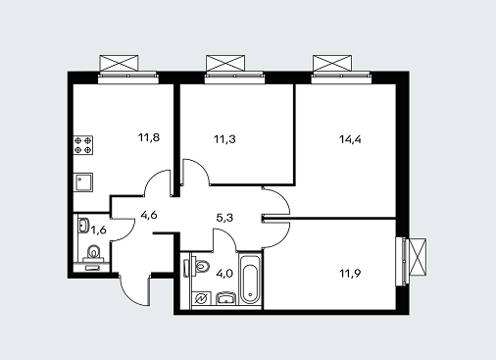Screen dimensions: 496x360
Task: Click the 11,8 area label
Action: point(149,137)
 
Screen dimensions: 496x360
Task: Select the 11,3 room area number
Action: point(224,139)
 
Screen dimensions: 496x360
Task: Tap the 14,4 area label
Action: point(350,139)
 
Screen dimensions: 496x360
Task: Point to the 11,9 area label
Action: point(350,273)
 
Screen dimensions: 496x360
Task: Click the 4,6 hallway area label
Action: point(149,215)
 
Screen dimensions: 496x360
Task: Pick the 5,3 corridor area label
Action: point(224,218)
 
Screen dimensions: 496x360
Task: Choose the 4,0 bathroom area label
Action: point(224,273)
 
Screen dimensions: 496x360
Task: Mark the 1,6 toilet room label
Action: point(98,231)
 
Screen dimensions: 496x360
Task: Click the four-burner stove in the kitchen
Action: point(83,145)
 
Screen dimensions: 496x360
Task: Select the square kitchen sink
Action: point(83,182)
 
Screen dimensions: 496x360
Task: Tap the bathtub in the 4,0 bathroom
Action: point(250,279)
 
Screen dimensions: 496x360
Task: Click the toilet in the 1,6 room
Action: point(94,254)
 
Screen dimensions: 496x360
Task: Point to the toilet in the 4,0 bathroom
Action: point(200,266)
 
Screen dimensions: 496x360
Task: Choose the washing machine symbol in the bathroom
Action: point(199,298)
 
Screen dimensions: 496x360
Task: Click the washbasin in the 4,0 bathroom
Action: point(226,299)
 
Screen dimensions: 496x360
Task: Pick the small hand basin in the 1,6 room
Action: point(83,226)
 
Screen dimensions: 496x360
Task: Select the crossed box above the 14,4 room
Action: point(332,63)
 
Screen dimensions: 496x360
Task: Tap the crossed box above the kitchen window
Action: point(119,63)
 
